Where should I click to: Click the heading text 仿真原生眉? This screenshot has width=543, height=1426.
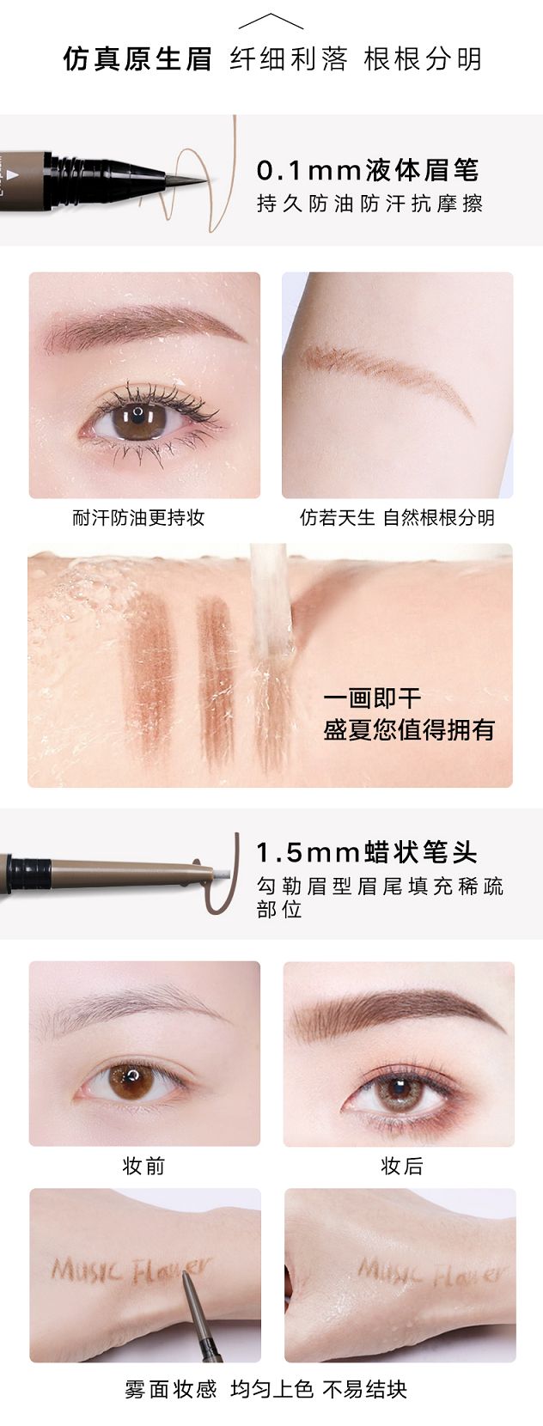pos(137,59)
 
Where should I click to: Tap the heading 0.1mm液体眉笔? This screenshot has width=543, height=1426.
pos(368,171)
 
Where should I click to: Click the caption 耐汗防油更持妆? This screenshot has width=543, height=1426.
pos(138,517)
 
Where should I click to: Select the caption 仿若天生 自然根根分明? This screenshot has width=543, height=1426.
pos(397,517)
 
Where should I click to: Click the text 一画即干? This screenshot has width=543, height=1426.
pos(372,698)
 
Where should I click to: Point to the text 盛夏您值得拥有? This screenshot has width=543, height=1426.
pos(409,730)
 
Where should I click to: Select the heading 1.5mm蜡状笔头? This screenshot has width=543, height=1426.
pos(367,852)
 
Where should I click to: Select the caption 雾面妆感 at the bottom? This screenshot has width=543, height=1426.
pos(171,1390)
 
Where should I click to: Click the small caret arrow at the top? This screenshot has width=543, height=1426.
pos(271,21)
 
